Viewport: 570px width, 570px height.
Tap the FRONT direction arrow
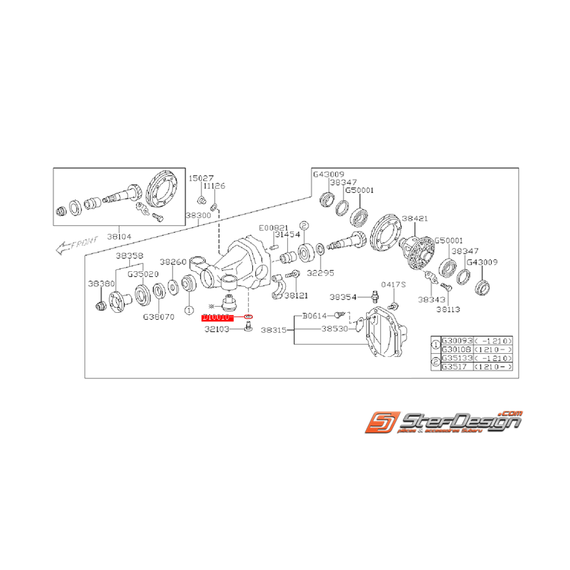[x=72, y=247]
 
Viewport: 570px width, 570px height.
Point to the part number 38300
[x=198, y=216]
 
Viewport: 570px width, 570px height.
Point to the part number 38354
[x=342, y=296]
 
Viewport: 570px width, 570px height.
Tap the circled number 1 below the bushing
[x=189, y=310]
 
